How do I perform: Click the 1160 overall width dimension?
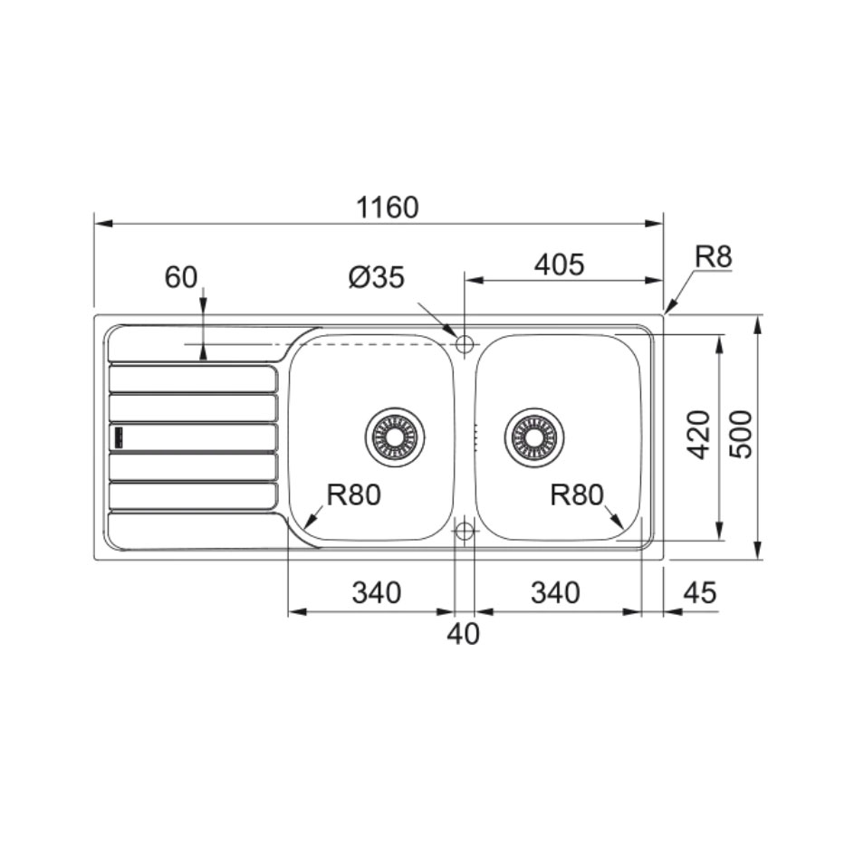click(x=388, y=207)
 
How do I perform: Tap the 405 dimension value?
click(x=560, y=264)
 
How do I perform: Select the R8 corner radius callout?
click(x=714, y=257)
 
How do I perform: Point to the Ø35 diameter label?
click(x=377, y=277)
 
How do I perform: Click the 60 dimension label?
click(x=181, y=277)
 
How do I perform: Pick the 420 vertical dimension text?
click(x=699, y=434)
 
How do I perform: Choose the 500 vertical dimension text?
click(x=741, y=434)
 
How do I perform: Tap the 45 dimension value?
click(x=699, y=592)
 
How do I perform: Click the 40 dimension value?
click(x=464, y=633)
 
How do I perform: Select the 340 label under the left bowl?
click(x=377, y=592)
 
